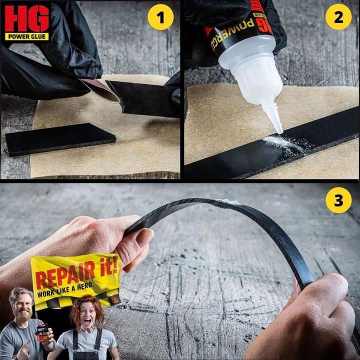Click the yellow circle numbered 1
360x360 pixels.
[160, 17]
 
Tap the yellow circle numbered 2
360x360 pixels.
[338, 17]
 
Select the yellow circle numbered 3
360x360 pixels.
[338, 200]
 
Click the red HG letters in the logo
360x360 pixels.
[27, 18]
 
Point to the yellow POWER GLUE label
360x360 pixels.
[27, 36]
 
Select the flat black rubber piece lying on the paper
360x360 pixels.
[60, 138]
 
